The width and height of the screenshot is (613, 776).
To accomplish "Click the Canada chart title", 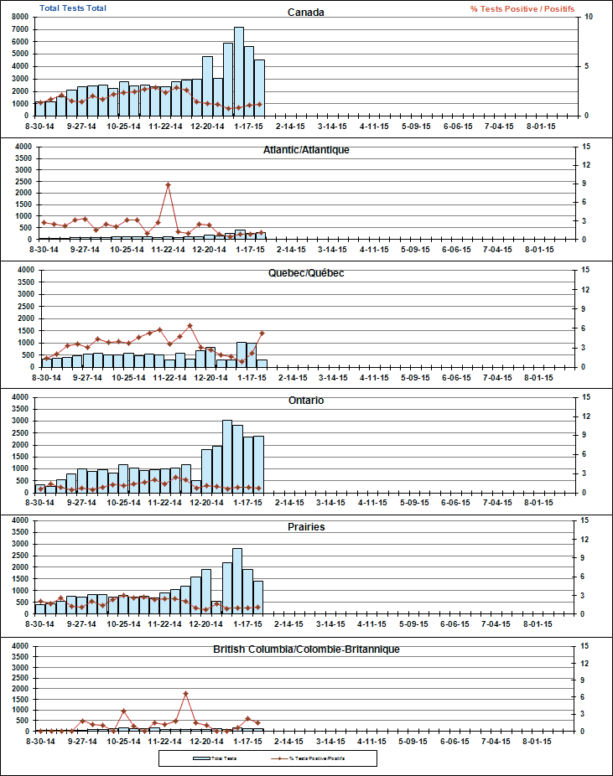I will pyautogui.click(x=306, y=12).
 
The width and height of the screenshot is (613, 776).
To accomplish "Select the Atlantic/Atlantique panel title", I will pyautogui.click(x=306, y=149).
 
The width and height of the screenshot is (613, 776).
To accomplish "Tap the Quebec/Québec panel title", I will pyautogui.click(x=306, y=273).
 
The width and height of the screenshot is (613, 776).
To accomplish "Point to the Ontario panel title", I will pyautogui.click(x=306, y=401).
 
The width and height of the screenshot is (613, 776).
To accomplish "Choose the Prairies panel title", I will pyautogui.click(x=306, y=527).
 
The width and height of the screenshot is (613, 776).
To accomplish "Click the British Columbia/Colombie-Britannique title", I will pyautogui.click(x=306, y=649).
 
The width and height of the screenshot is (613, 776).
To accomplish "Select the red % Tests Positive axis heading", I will pyautogui.click(x=522, y=8).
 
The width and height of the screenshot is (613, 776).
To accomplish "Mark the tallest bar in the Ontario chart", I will pyautogui.click(x=227, y=456).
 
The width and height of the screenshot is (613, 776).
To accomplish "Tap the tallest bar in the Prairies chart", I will pyautogui.click(x=237, y=581).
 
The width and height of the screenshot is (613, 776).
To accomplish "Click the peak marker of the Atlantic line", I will pyautogui.click(x=168, y=184).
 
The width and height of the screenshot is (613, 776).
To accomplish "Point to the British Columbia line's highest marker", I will pyautogui.click(x=185, y=693).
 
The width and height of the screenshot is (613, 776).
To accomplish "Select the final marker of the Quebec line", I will pyautogui.click(x=262, y=333).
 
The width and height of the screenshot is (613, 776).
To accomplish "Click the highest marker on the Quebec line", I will pyautogui.click(x=190, y=326).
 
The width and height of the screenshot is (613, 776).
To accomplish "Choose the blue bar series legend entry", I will pyautogui.click(x=214, y=758).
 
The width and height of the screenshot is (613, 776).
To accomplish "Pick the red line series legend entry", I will pyautogui.click(x=310, y=758).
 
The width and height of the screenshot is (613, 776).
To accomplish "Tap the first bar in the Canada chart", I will pyautogui.click(x=39, y=108).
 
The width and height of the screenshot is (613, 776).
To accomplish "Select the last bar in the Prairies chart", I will pyautogui.click(x=258, y=597).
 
